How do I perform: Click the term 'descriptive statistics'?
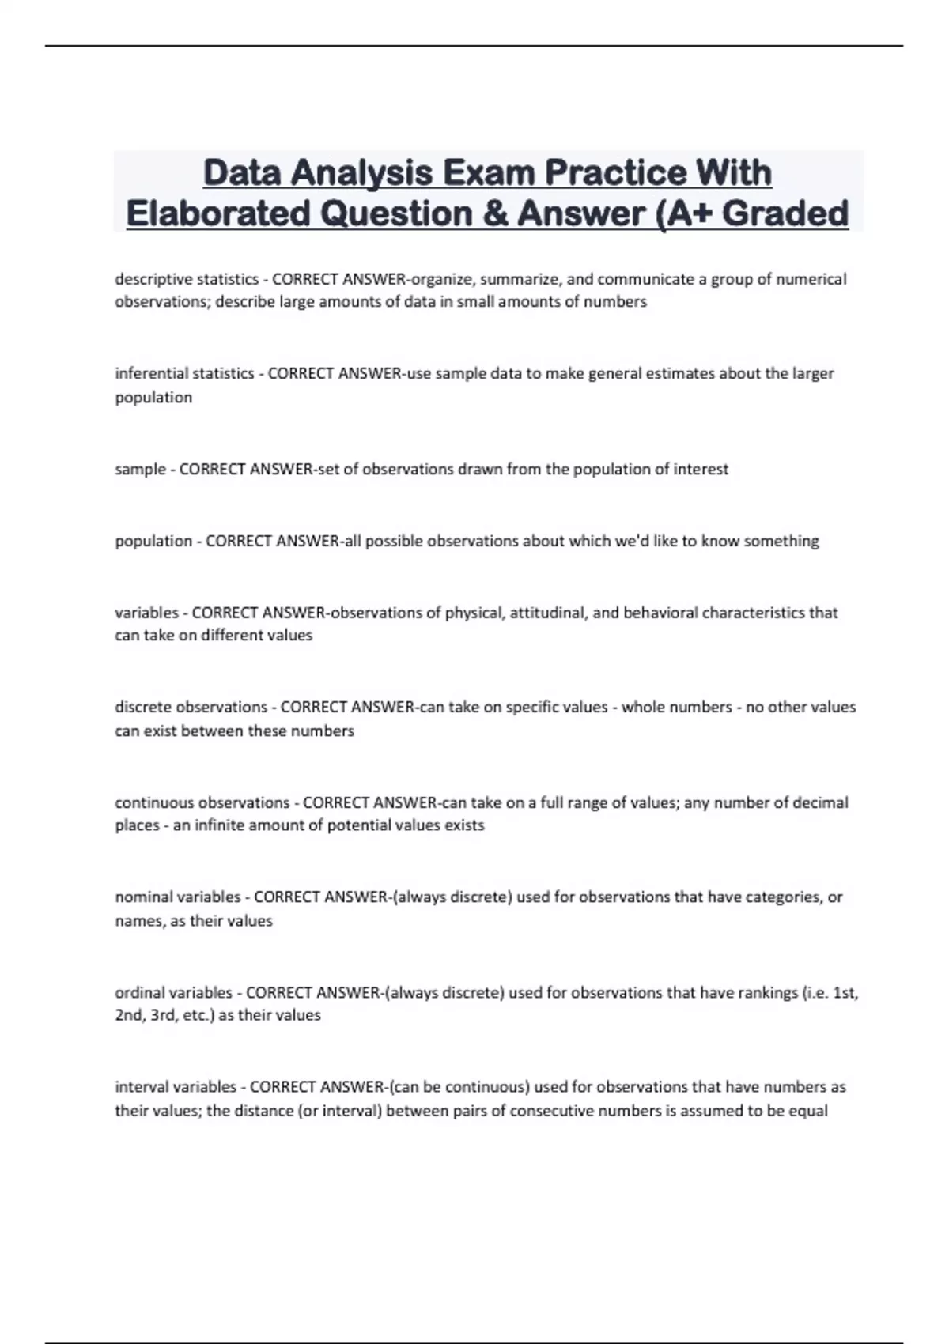tap(187, 279)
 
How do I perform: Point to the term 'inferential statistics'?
tap(184, 373)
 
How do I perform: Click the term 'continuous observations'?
tap(202, 802)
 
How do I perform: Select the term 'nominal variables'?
tap(178, 897)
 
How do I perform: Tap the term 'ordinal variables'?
tap(174, 992)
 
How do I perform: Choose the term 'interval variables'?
tap(176, 1087)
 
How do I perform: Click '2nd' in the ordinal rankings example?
tap(129, 1015)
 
